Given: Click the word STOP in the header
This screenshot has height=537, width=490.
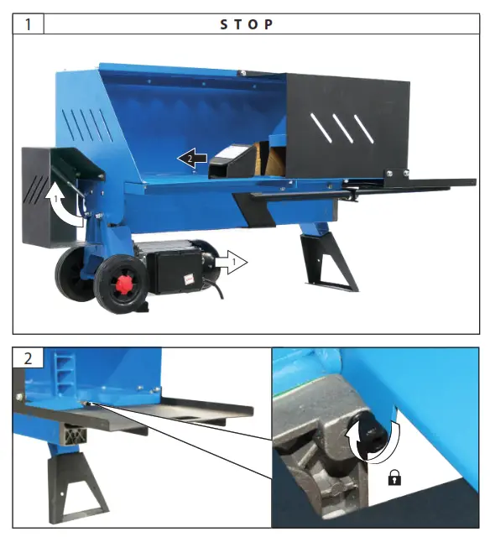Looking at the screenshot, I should tap(247, 23).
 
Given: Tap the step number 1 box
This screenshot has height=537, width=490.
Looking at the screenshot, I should tap(29, 23).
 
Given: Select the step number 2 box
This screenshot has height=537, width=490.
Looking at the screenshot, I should tap(29, 357).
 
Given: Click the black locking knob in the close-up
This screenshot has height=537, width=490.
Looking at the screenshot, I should tap(369, 432).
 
